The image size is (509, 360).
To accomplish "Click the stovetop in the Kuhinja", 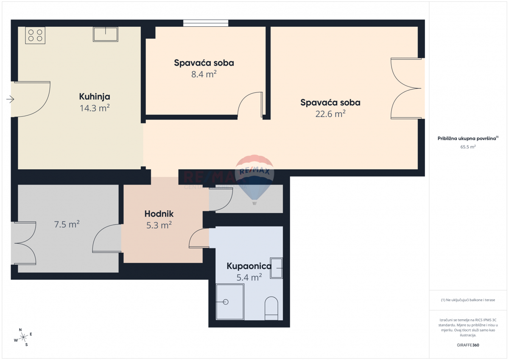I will [x=35, y=35].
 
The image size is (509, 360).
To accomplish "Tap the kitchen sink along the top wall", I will [x=106, y=34].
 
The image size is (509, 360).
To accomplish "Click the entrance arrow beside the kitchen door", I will [x=10, y=100].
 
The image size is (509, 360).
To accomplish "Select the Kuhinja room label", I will [x=95, y=97].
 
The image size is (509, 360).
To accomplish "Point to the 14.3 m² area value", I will [x=95, y=108].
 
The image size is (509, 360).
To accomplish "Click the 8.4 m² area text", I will [x=204, y=75].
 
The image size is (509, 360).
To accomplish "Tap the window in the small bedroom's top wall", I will [x=206, y=23].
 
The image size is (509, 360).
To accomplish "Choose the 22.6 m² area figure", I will [x=330, y=114].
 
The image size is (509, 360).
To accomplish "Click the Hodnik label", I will [x=159, y=214].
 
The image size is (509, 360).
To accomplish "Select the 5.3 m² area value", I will [x=159, y=225].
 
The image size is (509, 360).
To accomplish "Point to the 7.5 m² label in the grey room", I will [x=67, y=225].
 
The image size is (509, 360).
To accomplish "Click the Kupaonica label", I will [x=249, y=266].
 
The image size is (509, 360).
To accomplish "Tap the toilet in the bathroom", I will [x=271, y=307].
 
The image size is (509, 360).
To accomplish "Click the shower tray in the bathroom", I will [x=230, y=301].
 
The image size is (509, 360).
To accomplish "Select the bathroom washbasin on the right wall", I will [x=277, y=268].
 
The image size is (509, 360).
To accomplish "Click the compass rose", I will [x=23, y=337].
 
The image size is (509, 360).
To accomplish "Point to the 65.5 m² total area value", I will [x=468, y=147].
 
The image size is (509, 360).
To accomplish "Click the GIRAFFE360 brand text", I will [x=468, y=345].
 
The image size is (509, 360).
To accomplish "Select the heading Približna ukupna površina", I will [x=468, y=138].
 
